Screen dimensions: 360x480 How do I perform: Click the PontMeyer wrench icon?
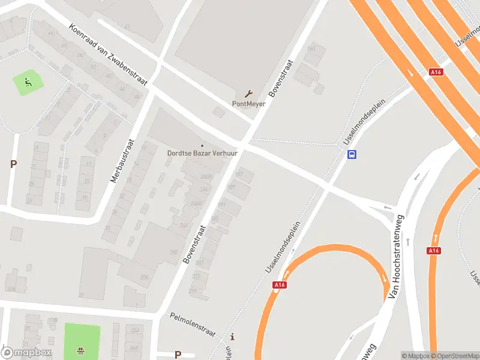tap(248, 94)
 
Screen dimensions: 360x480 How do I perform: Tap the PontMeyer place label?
tap(248, 104)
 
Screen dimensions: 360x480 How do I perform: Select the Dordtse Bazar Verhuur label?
tap(202, 153)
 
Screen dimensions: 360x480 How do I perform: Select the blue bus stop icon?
tap(352, 154)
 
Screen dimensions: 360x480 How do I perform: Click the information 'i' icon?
tap(233, 337)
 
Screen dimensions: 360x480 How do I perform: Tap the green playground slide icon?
tap(27, 81)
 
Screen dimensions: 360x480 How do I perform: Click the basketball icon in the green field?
tap(81, 350)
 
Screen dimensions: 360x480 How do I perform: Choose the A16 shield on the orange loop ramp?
tap(279, 286)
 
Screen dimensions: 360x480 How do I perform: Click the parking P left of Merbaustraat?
tap(13, 164)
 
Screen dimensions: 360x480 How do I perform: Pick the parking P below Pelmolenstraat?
tap(178, 355)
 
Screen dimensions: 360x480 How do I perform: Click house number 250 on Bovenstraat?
tap(173, 252)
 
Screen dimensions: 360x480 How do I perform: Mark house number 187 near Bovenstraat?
tap(240, 175)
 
